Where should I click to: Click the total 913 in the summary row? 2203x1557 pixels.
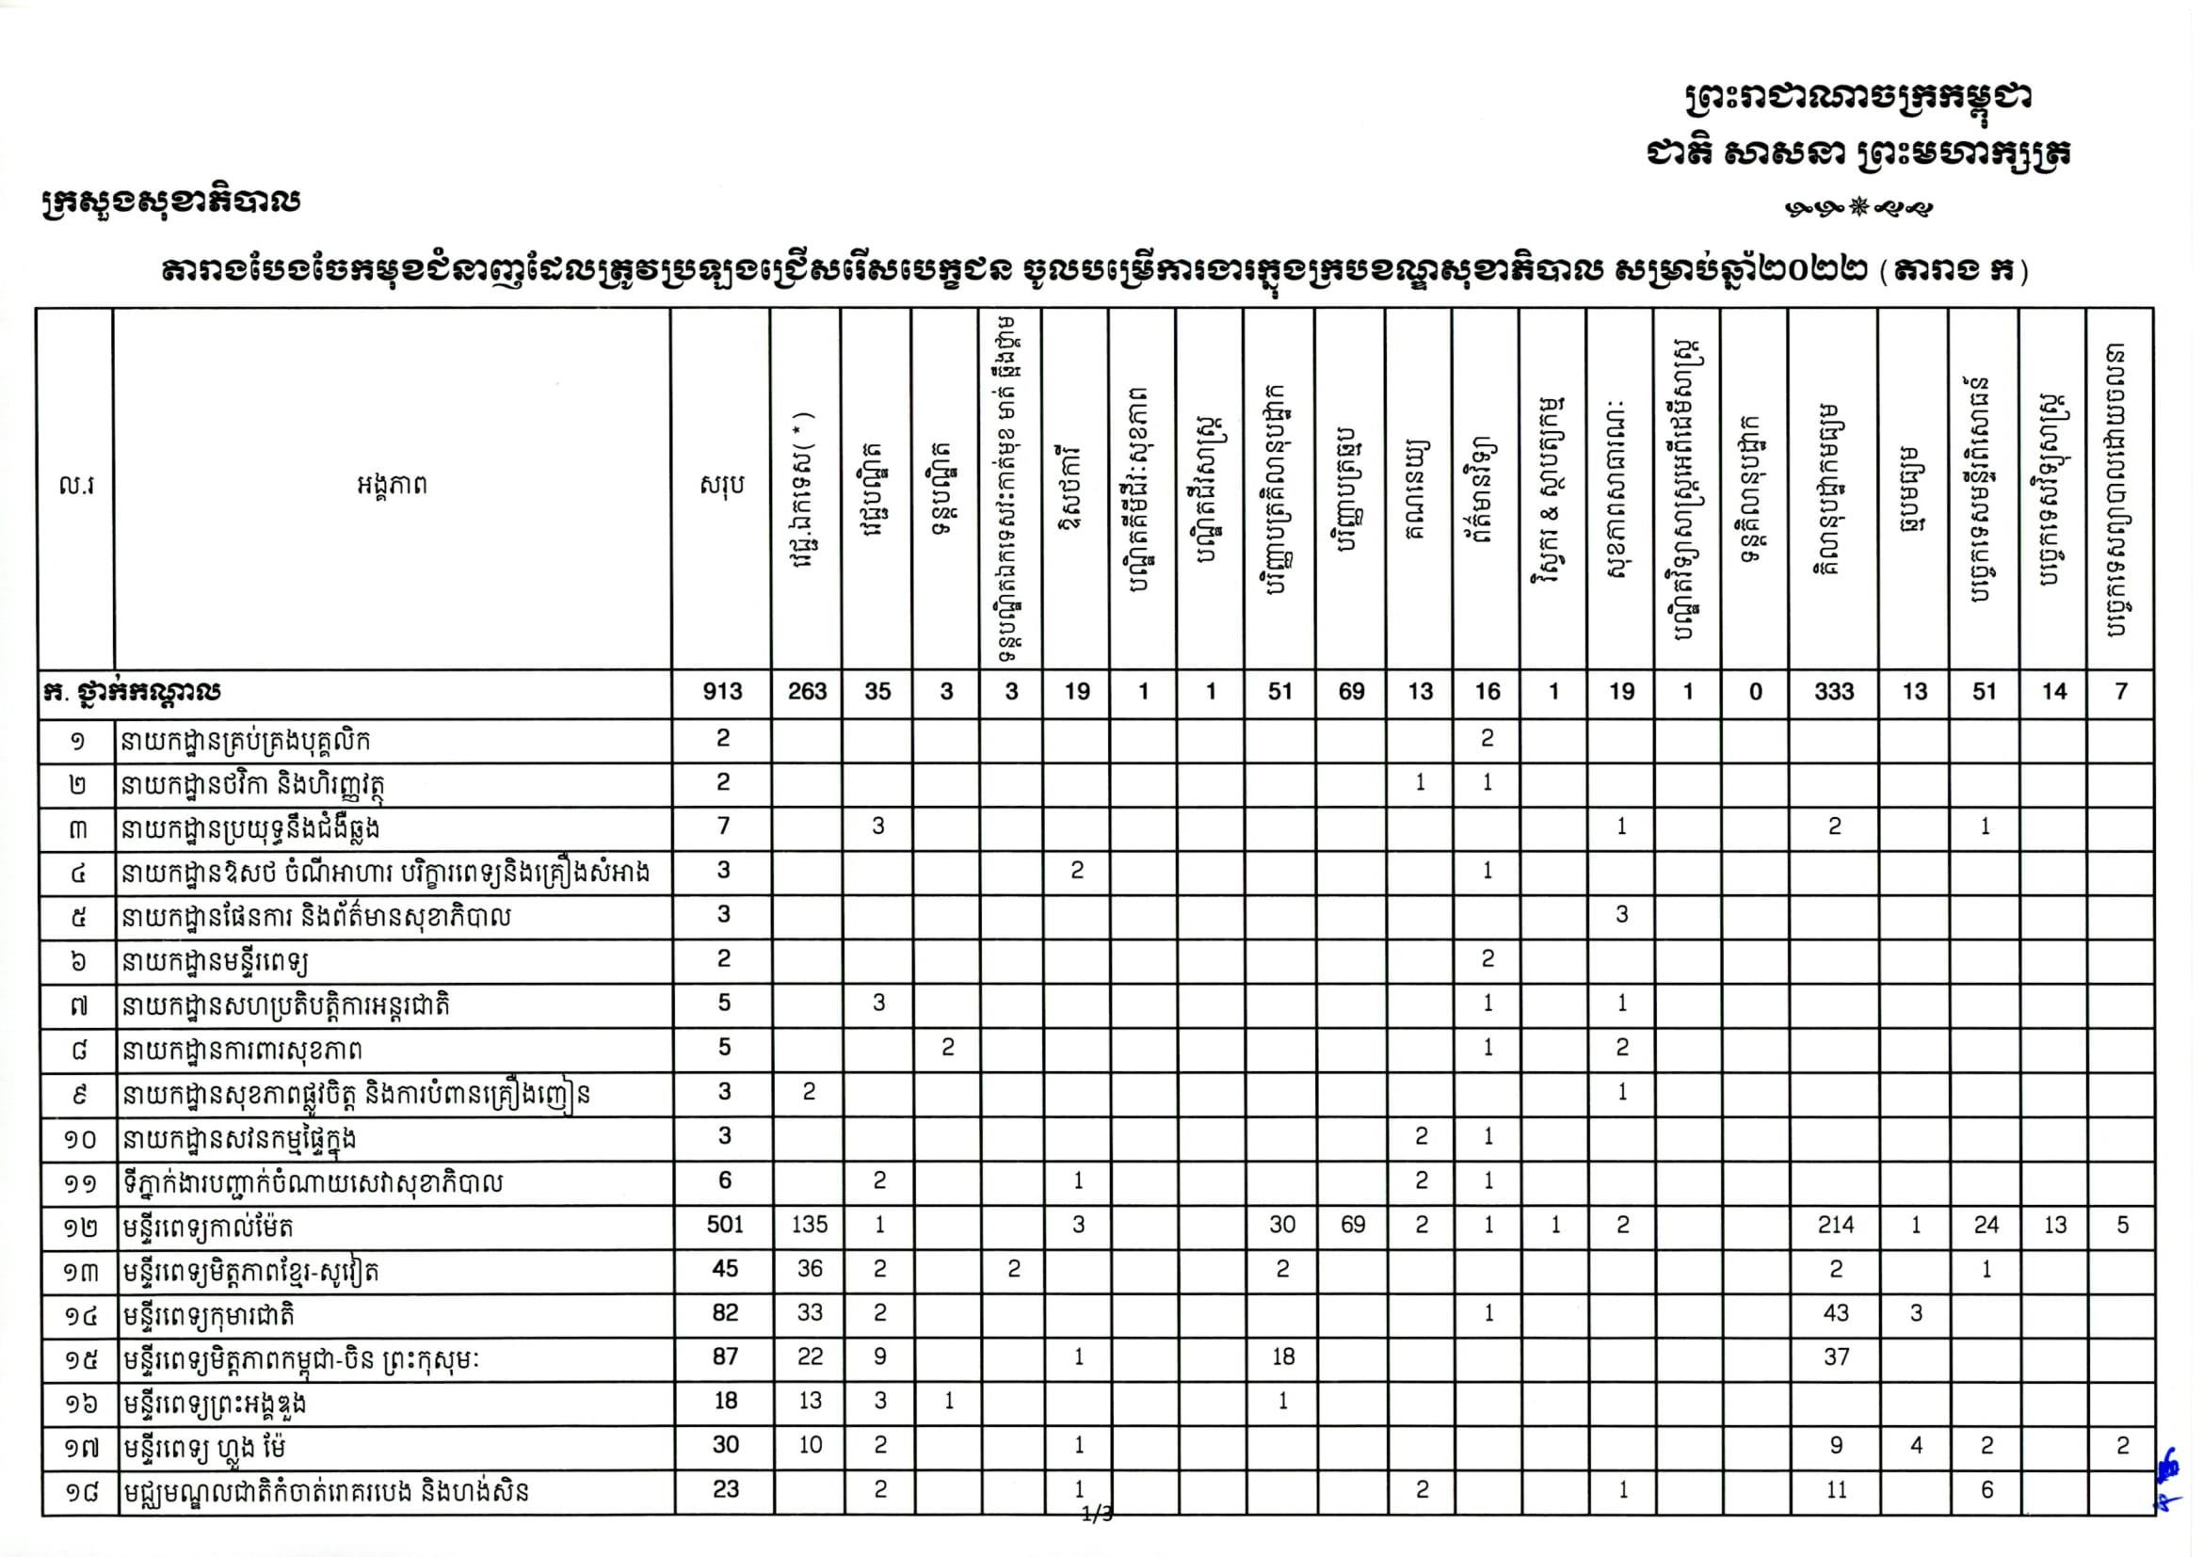721,692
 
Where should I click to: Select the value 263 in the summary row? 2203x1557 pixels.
807,692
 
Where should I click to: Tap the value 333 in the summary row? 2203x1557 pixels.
1834,692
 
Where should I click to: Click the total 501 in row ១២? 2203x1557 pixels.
724,1225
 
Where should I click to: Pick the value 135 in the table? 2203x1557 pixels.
809,1225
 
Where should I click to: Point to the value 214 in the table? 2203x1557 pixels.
1836,1225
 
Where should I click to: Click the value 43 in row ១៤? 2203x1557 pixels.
1836,1313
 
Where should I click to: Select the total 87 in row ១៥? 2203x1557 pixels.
724,1357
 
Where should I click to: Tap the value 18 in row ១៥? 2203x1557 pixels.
1283,1357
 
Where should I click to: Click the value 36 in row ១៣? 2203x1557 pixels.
810,1269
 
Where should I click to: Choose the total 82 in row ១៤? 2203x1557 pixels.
724,1313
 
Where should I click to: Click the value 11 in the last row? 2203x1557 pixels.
1836,1490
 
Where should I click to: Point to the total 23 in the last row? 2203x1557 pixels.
725,1490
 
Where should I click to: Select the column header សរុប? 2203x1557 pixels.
721,487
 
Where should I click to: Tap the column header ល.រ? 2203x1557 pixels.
76,487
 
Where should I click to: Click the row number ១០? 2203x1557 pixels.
80,1140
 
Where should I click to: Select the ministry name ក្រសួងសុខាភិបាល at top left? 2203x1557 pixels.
170,202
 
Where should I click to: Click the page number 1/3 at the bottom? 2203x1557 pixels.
1097,1515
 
